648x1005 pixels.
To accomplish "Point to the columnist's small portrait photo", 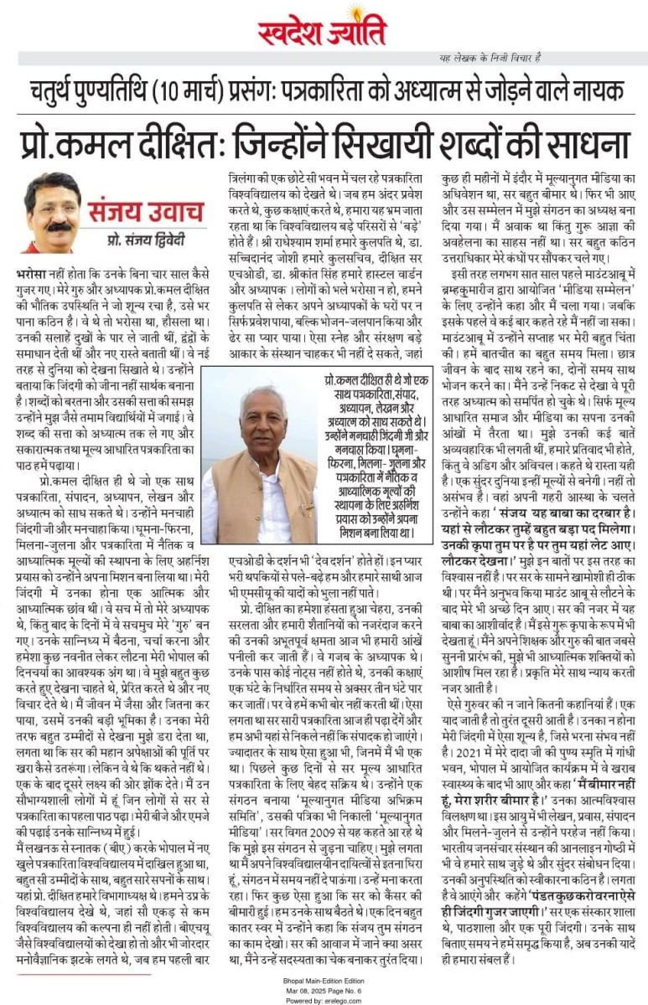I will (x=52, y=213).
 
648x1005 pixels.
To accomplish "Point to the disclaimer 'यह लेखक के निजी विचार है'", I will (x=490, y=57).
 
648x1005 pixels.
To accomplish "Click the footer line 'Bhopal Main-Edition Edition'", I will (x=323, y=977).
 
